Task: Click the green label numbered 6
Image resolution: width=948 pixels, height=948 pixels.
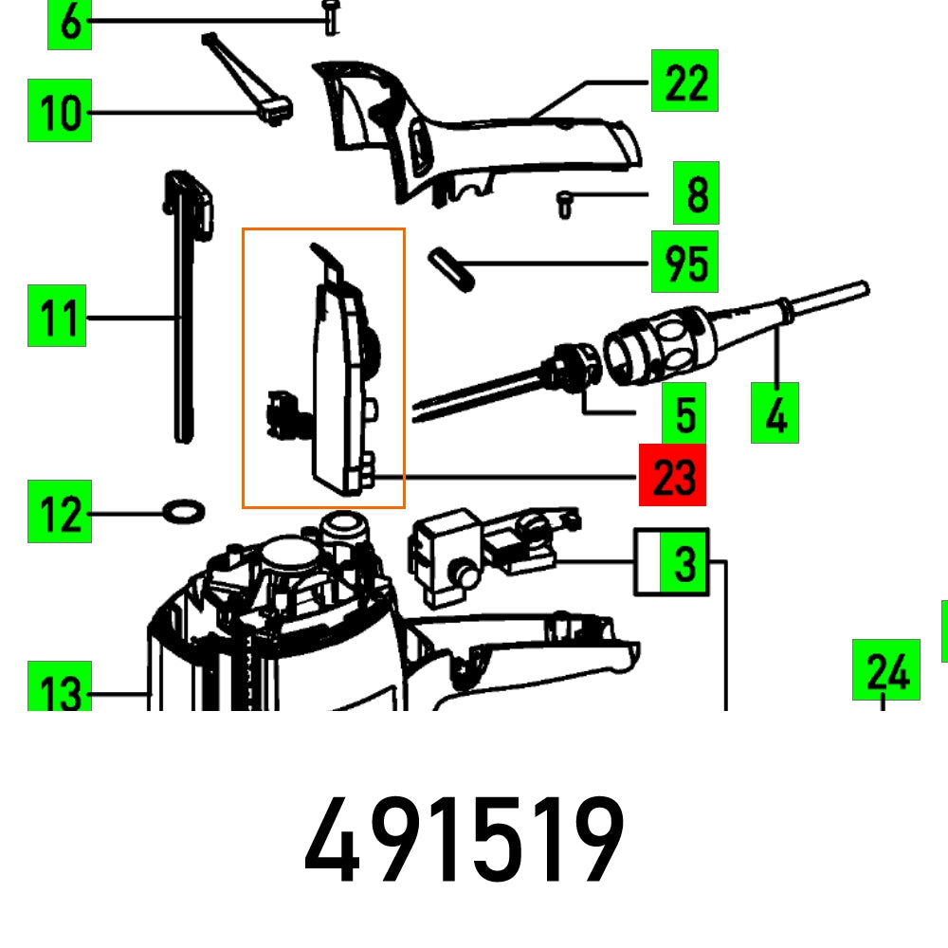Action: [69, 24]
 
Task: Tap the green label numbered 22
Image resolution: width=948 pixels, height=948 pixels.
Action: [684, 82]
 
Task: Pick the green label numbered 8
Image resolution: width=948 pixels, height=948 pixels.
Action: [696, 193]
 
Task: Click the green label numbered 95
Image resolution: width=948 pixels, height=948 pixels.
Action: [684, 262]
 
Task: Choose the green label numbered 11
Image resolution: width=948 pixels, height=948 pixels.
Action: [57, 316]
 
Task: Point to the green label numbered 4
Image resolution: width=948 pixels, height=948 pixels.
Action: [775, 413]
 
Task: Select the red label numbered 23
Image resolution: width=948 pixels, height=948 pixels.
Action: [672, 475]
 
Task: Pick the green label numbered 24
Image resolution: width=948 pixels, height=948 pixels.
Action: [885, 670]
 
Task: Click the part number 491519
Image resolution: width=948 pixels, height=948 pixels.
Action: [465, 842]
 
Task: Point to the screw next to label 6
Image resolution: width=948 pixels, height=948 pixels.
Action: [330, 17]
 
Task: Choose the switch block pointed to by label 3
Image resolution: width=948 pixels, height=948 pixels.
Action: [441, 558]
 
